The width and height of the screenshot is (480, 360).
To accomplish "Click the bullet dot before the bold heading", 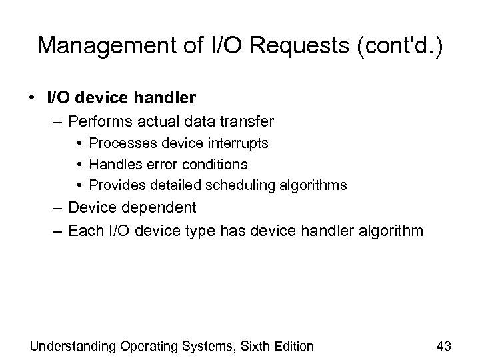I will pos(32,99).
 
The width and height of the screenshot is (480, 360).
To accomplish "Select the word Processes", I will pos(122,143).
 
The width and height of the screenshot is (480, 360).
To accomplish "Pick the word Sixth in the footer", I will pos(250,346).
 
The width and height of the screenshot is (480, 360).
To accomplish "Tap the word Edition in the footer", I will pos(291,346).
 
